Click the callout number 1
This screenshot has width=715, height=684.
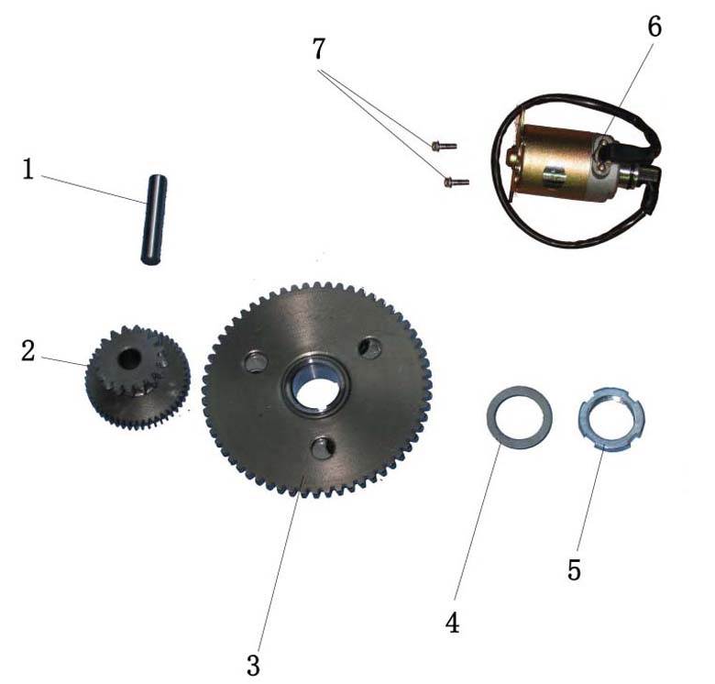point(28,171)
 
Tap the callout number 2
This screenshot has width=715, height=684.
point(27,351)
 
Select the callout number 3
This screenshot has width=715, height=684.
point(254,666)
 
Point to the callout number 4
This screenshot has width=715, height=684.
point(452,623)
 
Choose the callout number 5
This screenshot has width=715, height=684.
point(574,570)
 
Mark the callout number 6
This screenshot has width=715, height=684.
point(654,27)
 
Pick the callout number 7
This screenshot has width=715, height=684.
point(319,49)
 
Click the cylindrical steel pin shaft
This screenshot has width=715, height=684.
point(153,219)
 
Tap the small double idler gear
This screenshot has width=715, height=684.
point(137,377)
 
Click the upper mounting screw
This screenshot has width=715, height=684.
point(444,146)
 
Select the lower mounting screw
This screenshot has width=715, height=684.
point(456,182)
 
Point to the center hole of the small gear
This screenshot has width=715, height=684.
point(129,359)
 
